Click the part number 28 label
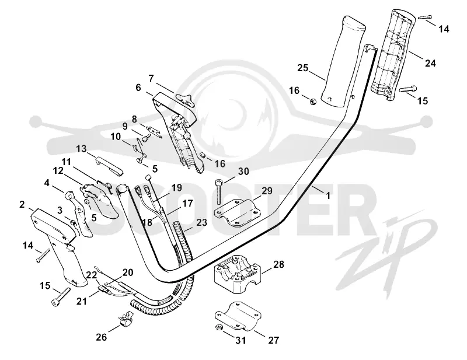pos(278,264)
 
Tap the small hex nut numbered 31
pos(218,327)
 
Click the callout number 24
pos(430,63)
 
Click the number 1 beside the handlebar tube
pos(328,196)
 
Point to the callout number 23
pos(201,222)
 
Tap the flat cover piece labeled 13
pos(109,166)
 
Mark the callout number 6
pos(138,88)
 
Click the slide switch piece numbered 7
pos(185,99)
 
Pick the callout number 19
pos(176,188)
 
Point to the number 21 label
pos(82,301)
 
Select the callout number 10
pos(116,137)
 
